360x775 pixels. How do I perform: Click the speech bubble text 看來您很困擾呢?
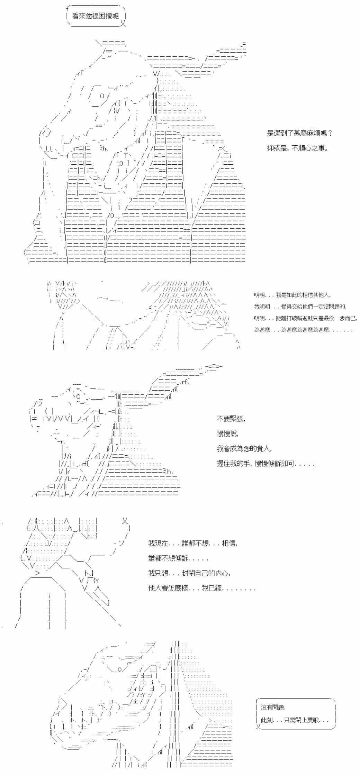click(95, 16)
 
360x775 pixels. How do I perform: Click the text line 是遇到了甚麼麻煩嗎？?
click(300, 133)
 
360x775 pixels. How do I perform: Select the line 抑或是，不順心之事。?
click(298, 148)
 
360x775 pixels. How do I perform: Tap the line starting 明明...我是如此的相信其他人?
click(292, 295)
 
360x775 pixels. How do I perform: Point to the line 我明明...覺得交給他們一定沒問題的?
click(300, 306)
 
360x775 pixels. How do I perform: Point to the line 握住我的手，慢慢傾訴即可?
click(265, 464)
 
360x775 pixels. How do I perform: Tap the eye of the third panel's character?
click(79, 396)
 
